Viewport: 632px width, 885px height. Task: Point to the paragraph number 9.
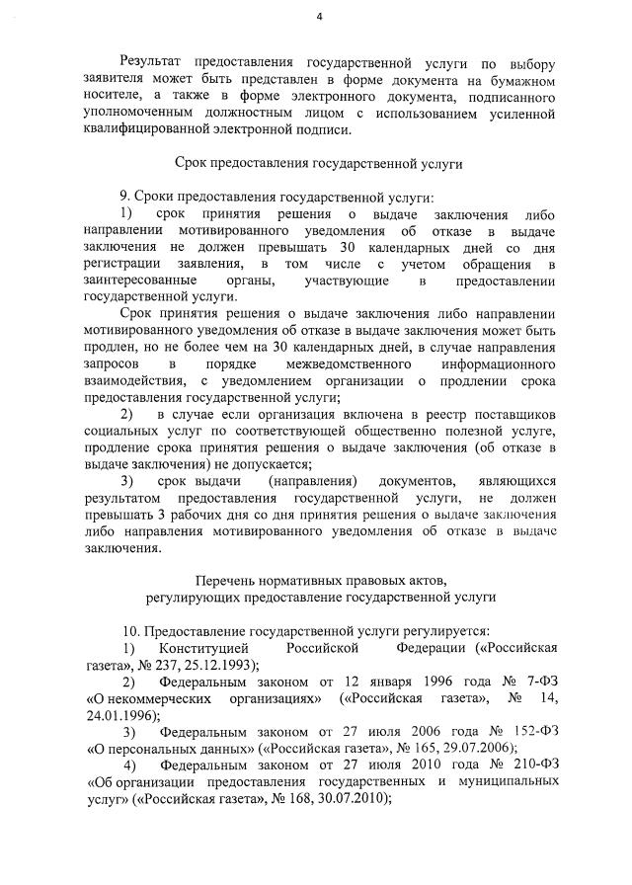[x=124, y=196]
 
